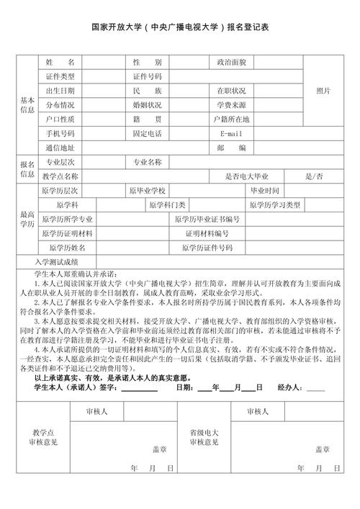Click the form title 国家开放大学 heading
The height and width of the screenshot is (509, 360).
click(180, 27)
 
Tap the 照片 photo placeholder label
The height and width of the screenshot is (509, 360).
click(323, 91)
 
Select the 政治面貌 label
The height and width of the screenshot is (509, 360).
click(231, 62)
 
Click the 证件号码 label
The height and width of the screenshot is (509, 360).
click(147, 76)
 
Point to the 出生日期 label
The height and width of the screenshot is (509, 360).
click(60, 91)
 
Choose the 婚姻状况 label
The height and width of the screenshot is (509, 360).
click(147, 105)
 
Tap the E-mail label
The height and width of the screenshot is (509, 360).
click(231, 134)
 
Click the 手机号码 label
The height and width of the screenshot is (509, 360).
click(60, 134)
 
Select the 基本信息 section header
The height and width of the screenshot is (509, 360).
click(27, 105)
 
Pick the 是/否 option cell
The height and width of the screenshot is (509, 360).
click(314, 176)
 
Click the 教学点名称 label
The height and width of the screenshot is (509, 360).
click(60, 176)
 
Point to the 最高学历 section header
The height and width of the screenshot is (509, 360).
click(27, 219)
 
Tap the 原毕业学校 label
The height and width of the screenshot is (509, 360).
click(147, 190)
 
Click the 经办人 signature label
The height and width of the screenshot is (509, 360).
click(291, 387)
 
